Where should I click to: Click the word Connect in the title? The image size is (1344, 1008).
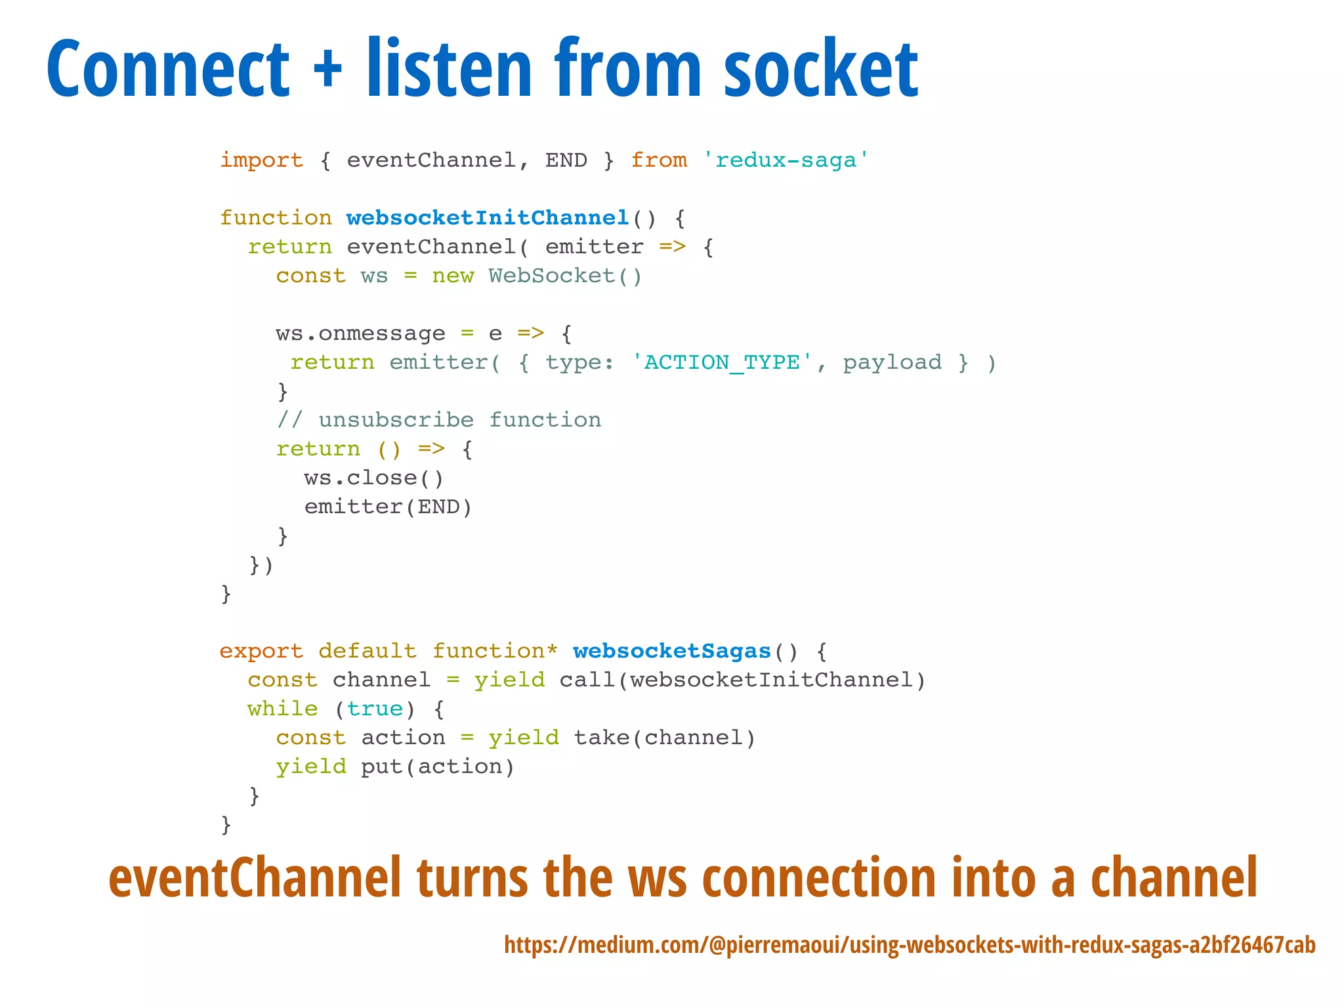[x=168, y=70]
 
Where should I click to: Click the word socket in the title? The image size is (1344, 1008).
[x=820, y=70]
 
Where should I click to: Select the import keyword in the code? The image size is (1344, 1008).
[x=261, y=161]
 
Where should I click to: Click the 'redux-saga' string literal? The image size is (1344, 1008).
[x=786, y=161]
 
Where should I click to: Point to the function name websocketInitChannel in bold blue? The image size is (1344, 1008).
[x=488, y=218]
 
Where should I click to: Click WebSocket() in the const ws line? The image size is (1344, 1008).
[x=564, y=276]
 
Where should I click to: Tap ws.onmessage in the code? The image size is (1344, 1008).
[x=360, y=334]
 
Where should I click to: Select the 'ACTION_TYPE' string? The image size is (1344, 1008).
[x=722, y=363]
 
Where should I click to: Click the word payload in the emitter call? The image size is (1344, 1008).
[x=892, y=363]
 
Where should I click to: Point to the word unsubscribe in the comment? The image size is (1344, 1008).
[x=396, y=420]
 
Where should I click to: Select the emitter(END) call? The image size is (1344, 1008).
[x=388, y=507]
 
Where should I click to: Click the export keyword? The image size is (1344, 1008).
[x=261, y=651]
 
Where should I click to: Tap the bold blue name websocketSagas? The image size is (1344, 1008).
[x=671, y=651]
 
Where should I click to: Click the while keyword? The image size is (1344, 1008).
[x=282, y=709]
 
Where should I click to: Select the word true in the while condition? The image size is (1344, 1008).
[x=374, y=709]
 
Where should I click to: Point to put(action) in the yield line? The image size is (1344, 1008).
[x=438, y=767]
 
